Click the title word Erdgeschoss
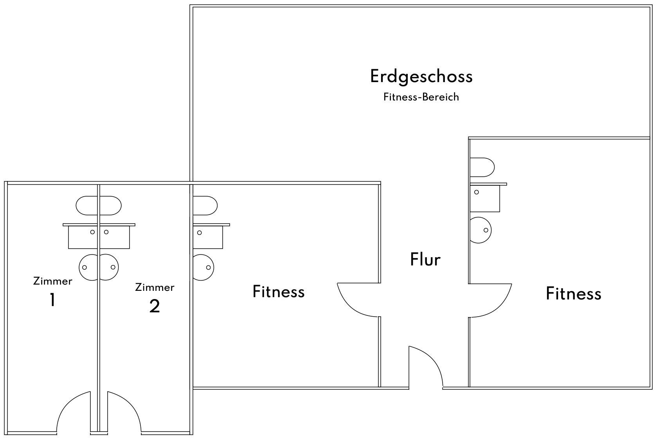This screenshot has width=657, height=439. click(421, 77)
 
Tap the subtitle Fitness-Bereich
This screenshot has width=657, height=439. click(421, 97)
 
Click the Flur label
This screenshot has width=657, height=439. click(425, 259)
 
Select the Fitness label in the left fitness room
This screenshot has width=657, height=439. click(279, 292)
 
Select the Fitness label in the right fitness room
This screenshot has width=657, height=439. click(573, 294)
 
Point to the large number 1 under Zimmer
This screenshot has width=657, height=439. click(52, 300)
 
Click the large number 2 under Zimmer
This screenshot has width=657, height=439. click(155, 306)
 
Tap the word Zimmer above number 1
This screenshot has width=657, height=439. click(52, 281)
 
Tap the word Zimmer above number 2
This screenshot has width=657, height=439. click(155, 287)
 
